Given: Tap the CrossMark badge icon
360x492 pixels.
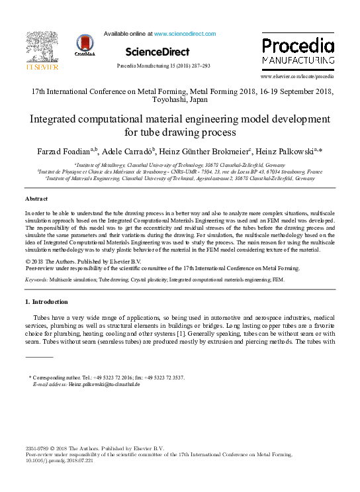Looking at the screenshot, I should [x=85, y=46].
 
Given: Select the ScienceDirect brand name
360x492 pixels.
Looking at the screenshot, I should [x=157, y=52].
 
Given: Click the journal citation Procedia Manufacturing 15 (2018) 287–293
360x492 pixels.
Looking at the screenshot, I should [x=163, y=66].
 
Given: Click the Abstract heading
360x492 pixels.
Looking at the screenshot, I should [x=36, y=199].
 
